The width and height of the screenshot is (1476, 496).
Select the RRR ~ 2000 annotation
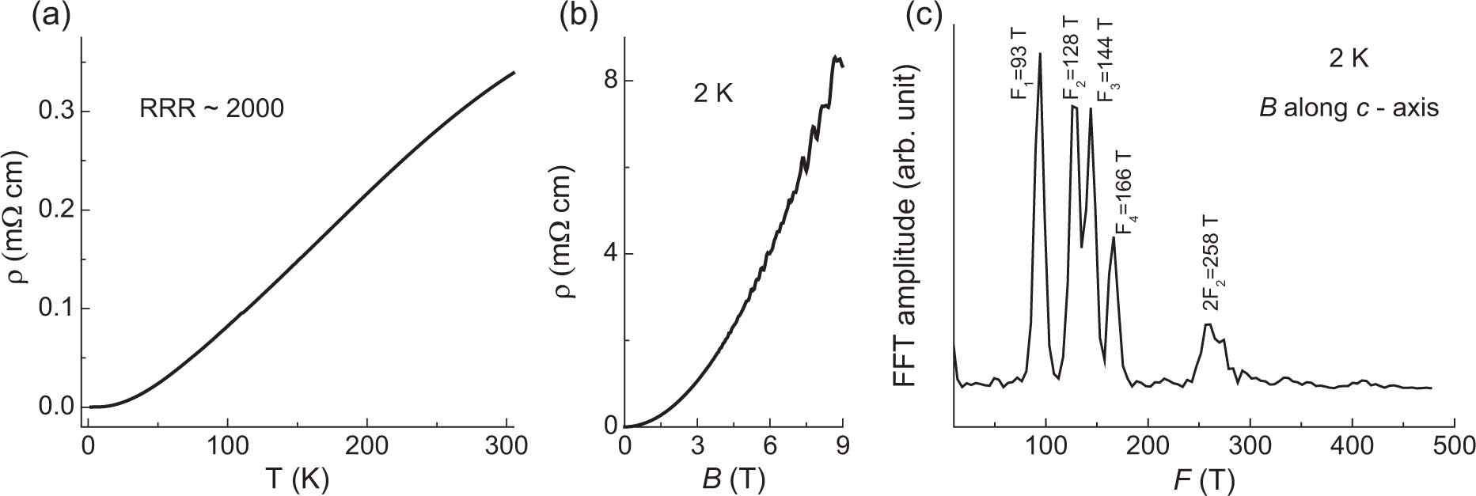(211, 108)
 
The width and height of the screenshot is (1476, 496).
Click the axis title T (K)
(296, 479)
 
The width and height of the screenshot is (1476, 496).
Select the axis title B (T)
(731, 479)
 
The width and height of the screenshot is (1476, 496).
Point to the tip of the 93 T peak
(1040, 54)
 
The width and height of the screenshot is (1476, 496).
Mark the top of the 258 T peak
(1207, 324)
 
